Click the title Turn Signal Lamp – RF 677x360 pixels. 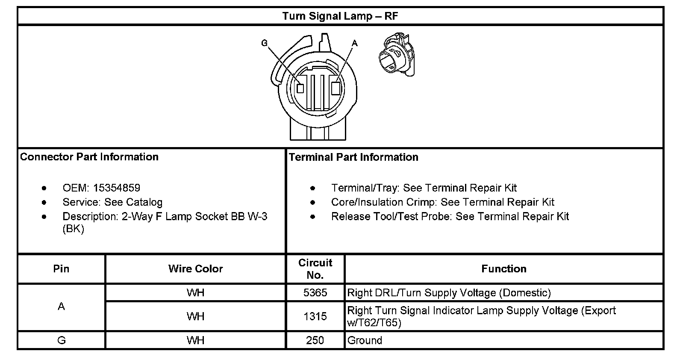coord(340,16)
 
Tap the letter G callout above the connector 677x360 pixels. coord(265,43)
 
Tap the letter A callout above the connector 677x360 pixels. coord(354,43)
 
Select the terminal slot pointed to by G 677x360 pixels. coord(300,89)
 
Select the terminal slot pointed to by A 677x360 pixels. coord(336,88)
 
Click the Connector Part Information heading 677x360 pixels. coord(89,157)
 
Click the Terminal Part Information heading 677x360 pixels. coord(353,157)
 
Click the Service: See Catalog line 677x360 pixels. coord(112,202)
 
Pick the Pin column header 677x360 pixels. coord(61,269)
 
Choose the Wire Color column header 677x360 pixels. coord(195,269)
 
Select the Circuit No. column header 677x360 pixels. coord(315,269)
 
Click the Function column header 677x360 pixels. coord(503,269)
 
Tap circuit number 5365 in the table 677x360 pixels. coord(315,293)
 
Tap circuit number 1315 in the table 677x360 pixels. coord(315,316)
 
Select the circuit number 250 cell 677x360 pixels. coord(315,340)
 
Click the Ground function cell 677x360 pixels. coord(365,340)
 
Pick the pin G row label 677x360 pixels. coord(61,340)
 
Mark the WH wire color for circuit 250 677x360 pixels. coord(195,340)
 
